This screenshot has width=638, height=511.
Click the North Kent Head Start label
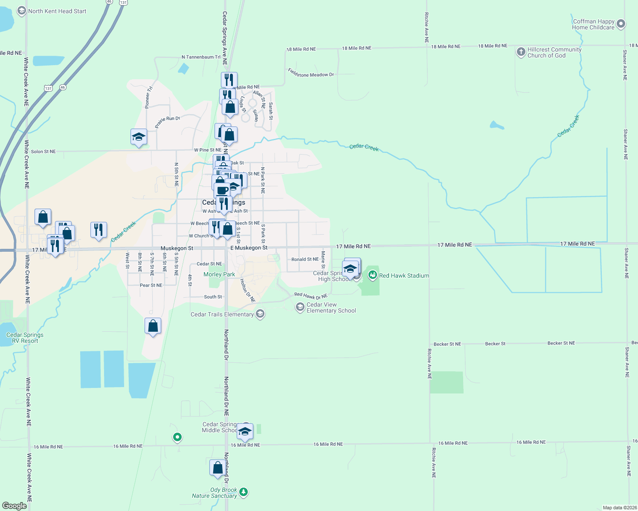tap(57, 11)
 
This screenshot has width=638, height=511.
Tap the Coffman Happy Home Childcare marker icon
tap(621, 24)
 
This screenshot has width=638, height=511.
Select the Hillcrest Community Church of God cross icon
tap(521, 52)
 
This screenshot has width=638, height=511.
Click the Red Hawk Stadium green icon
tap(373, 275)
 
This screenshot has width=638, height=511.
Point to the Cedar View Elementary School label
tap(331, 307)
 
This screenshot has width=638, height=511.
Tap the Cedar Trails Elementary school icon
tap(260, 314)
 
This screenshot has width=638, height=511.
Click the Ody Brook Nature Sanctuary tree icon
tap(244, 492)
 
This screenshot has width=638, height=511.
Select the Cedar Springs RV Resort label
tap(25, 338)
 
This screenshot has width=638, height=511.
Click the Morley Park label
tap(219, 274)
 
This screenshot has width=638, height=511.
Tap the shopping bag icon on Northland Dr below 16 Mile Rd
tap(217, 468)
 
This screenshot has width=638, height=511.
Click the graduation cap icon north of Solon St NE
tap(139, 137)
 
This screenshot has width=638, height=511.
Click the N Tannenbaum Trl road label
tap(201, 57)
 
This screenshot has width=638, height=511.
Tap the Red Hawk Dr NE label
tap(310, 296)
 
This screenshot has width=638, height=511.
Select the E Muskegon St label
tap(249, 248)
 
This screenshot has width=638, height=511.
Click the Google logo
tap(14, 505)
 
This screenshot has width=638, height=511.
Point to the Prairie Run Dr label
tap(168, 122)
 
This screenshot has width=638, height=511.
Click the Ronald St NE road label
tap(305, 259)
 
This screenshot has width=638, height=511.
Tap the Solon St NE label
tap(43, 152)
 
